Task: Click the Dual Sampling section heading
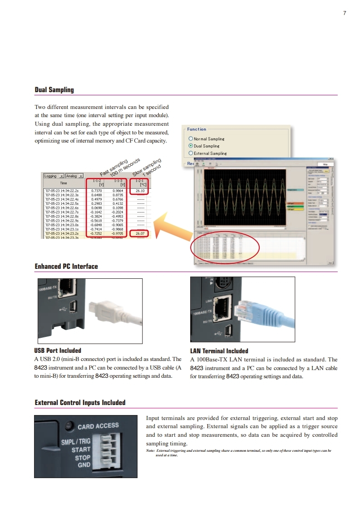[x=54, y=90]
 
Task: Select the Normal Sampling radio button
[x=191, y=138]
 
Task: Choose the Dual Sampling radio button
[x=191, y=146]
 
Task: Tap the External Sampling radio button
[x=191, y=153]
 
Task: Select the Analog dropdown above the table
[x=74, y=176]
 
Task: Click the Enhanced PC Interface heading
[x=66, y=266]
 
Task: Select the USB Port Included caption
[x=58, y=351]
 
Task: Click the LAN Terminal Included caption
[x=219, y=351]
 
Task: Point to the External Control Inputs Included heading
[x=80, y=403]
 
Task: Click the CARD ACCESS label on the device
[x=98, y=426]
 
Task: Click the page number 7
[x=345, y=13]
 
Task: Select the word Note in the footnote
[x=150, y=450]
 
